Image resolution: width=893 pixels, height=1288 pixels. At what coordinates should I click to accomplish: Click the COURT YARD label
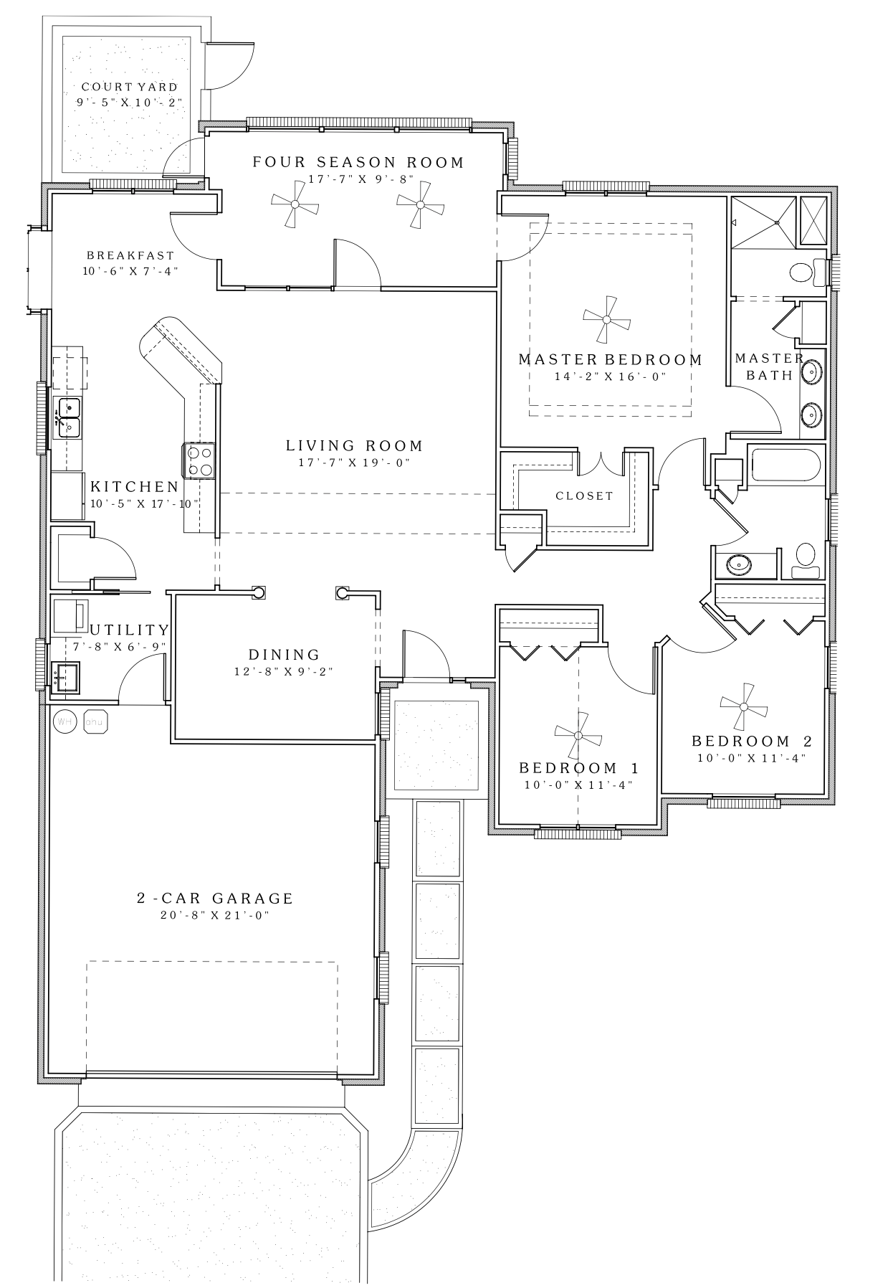point(129,87)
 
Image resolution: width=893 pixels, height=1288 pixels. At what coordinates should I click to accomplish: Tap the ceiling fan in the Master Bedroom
point(607,319)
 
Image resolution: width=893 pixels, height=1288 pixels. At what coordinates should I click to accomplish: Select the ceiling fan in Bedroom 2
point(743,706)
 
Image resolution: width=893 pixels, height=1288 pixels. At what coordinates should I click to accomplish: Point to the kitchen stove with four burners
point(200,460)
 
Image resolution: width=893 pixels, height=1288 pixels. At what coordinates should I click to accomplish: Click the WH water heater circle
point(65,721)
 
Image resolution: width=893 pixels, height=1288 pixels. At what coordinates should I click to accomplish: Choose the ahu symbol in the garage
point(95,721)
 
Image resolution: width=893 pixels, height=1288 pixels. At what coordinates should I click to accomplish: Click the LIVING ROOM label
point(355,445)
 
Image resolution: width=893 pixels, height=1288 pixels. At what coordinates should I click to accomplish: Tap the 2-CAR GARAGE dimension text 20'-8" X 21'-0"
point(216,915)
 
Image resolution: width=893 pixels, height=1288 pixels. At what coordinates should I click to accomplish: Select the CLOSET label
point(585,496)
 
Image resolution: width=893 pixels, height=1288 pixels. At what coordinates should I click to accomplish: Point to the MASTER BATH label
point(770,366)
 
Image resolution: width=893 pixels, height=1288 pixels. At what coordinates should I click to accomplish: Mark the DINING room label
point(285,654)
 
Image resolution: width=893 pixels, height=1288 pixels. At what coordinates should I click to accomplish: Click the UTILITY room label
point(130,630)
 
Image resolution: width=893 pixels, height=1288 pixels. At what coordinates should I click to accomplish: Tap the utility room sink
point(65,677)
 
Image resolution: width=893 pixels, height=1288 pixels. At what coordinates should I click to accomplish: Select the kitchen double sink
point(67,417)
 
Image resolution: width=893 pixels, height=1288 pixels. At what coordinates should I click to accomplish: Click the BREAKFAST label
point(130,255)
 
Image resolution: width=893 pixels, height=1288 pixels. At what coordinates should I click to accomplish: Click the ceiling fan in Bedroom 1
point(578,735)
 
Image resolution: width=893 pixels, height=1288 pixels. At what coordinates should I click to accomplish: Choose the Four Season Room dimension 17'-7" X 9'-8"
point(358,179)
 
